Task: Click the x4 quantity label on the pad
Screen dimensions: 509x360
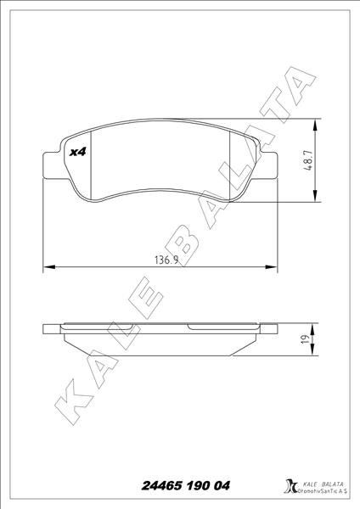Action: click(78, 152)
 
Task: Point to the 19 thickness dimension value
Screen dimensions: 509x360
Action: click(324, 340)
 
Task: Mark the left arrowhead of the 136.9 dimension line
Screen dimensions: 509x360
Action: click(47, 268)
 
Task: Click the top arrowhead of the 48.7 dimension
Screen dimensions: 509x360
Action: click(316, 124)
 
